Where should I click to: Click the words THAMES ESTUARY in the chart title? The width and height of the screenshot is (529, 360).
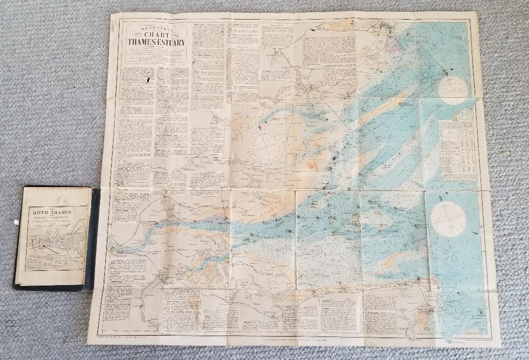156,43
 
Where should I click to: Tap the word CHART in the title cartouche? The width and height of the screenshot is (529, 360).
156,35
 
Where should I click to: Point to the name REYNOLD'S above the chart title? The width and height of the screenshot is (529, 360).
156,28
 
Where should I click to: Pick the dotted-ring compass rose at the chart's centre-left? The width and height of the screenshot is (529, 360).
267,146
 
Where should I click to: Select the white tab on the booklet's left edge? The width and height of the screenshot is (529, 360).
16,221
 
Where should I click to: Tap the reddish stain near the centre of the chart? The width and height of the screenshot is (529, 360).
309,167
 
